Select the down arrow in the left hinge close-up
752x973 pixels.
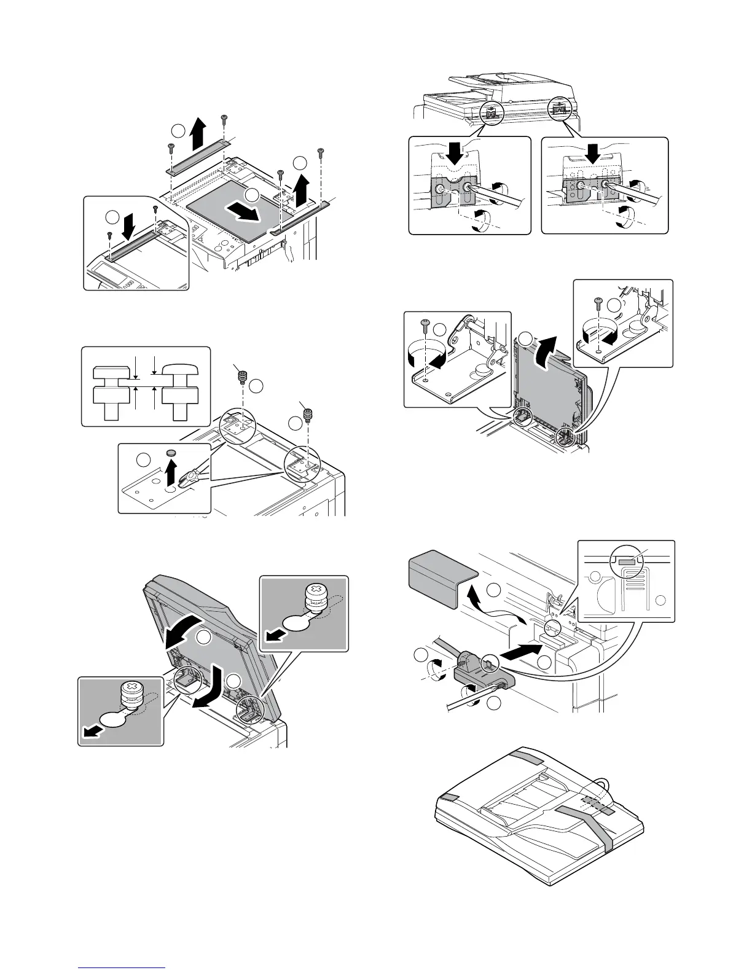[455, 155]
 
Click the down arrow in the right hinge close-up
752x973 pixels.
[593, 155]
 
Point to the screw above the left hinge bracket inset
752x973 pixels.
[425, 324]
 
